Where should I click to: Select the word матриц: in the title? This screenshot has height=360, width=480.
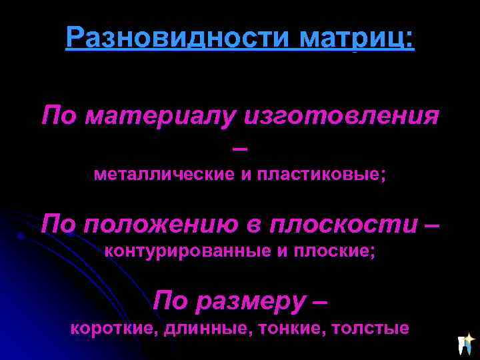coord(357,38)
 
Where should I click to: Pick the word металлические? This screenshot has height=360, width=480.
coord(163,175)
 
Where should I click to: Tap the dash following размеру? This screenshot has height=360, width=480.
coord(319,302)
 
